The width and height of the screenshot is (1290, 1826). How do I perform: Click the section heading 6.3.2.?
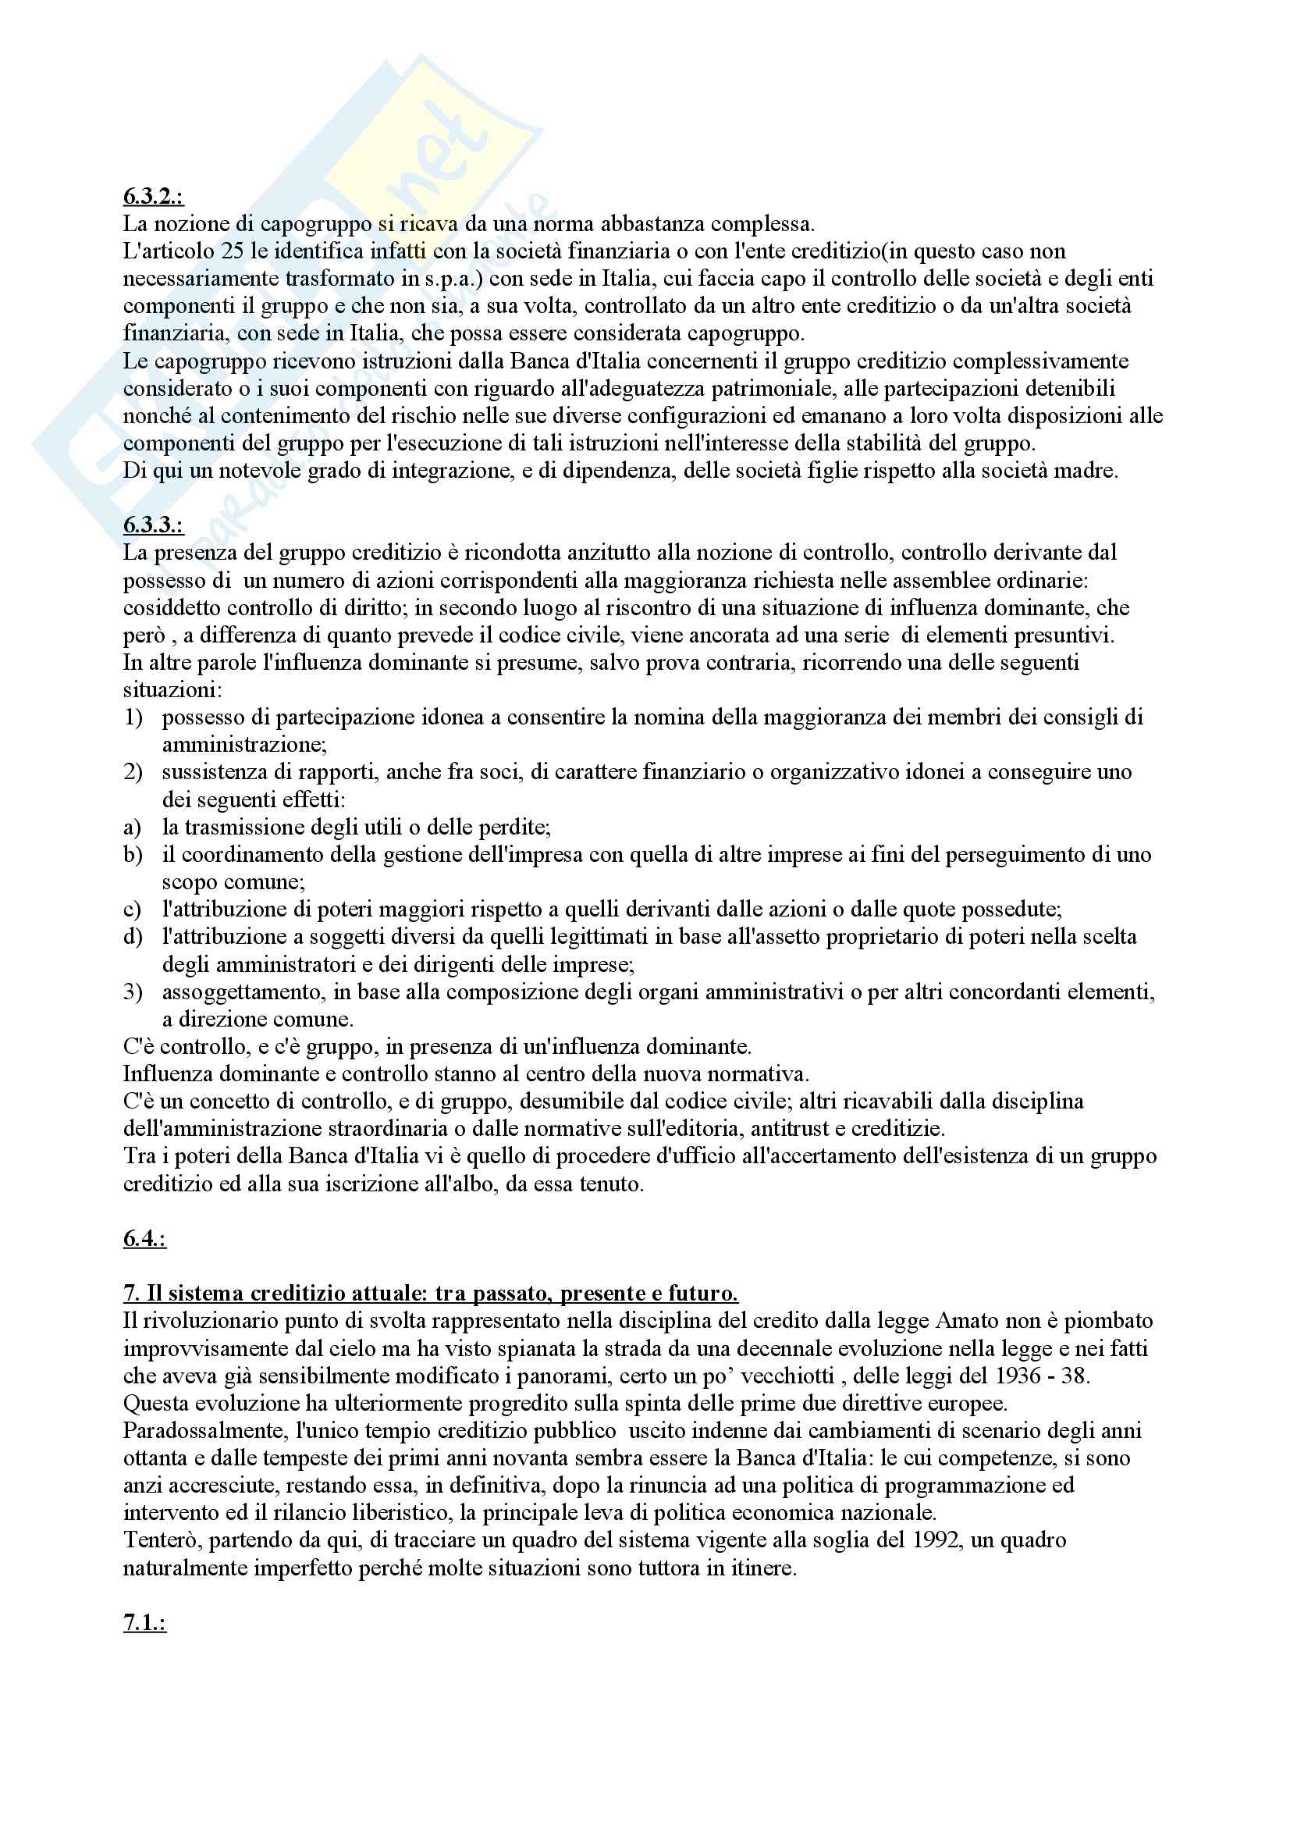tap(153, 197)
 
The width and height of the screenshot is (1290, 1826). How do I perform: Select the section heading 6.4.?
tap(144, 1239)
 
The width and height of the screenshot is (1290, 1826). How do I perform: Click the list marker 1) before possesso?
tap(133, 717)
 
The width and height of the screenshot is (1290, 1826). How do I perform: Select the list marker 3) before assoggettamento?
tap(133, 991)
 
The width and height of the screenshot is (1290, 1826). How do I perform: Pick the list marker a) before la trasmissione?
tap(132, 827)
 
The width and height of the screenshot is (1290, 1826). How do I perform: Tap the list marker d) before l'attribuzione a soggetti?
tap(133, 937)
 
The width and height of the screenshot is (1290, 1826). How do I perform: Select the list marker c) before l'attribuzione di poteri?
tap(132, 909)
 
